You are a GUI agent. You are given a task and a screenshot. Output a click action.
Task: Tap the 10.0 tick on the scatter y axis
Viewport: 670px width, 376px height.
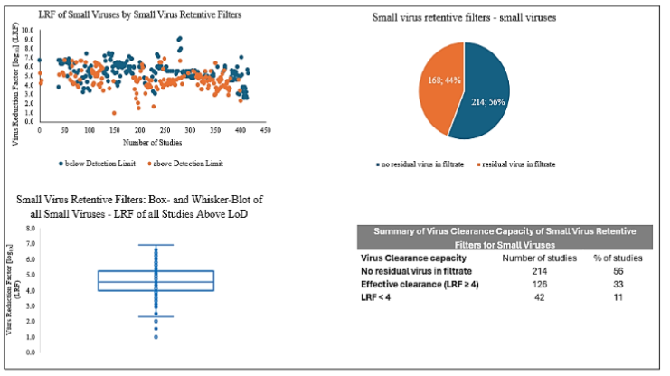[x=28, y=29]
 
